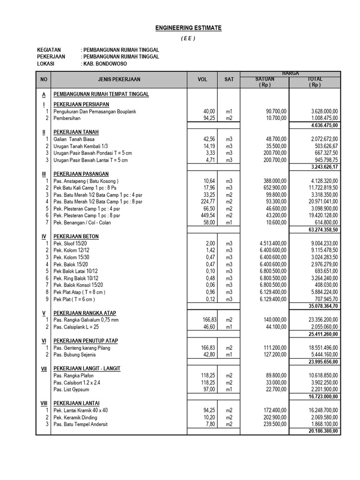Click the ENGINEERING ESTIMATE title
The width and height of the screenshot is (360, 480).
click(188, 28)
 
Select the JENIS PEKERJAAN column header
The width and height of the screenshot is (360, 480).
click(119, 80)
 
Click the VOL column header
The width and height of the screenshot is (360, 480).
click(202, 80)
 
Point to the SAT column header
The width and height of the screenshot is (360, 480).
click(229, 80)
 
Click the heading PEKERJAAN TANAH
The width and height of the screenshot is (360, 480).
click(76, 132)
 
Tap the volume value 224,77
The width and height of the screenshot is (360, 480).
click(206, 201)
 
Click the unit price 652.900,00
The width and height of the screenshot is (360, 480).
click(272, 187)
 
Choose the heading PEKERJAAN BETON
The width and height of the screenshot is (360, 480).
click(76, 237)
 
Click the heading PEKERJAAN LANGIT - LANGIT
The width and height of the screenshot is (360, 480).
click(87, 369)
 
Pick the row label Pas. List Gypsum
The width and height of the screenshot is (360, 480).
click(71, 390)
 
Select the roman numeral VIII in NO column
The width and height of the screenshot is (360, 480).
click(43, 403)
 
